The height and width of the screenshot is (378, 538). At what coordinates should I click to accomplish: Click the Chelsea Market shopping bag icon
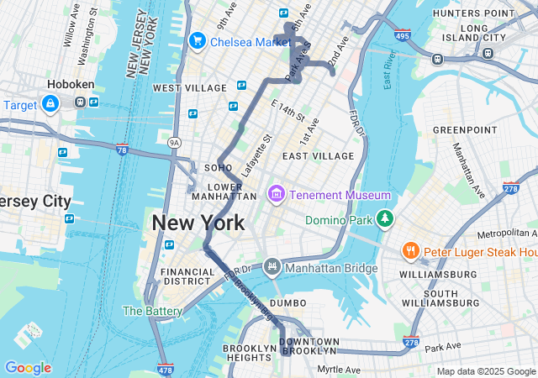(x=198, y=40)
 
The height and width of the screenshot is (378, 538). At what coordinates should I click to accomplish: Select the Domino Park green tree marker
(x=384, y=218)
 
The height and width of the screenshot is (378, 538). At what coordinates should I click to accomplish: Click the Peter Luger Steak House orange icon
(x=410, y=251)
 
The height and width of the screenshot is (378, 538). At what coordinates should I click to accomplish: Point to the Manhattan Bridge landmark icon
(x=272, y=268)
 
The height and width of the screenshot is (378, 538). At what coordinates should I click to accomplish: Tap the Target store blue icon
(x=50, y=104)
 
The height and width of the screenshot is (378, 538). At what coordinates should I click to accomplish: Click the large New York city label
(x=198, y=223)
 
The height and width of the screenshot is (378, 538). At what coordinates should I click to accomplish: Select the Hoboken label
(x=71, y=85)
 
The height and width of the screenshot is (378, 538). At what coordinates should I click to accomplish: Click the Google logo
(x=28, y=368)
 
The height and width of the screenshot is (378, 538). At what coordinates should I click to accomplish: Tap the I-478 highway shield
(x=166, y=369)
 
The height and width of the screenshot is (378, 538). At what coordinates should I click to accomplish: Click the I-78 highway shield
(x=123, y=150)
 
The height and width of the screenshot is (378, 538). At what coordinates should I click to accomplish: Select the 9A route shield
(x=174, y=142)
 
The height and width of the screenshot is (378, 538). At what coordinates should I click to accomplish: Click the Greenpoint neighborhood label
(x=465, y=130)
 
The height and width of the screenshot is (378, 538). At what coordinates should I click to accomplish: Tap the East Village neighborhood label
(x=319, y=156)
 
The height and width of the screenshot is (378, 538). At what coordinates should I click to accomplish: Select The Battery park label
(x=152, y=311)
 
